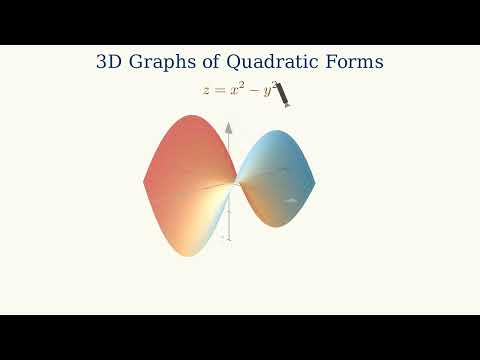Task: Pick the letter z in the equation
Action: point(206,90)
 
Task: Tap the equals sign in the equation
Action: point(220,90)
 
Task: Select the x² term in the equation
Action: point(236,89)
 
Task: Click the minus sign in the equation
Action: point(252,90)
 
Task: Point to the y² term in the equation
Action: point(267,90)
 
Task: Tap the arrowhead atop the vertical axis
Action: point(229,127)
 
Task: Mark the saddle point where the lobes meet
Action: point(236,183)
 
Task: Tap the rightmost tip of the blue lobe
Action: point(315,182)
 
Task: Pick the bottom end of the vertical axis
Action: point(229,242)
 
